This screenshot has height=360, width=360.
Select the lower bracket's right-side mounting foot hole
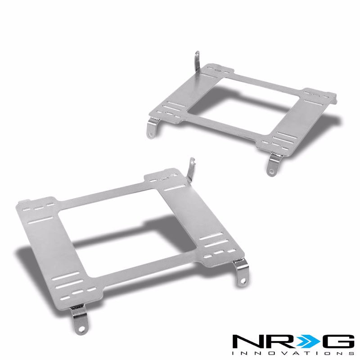[x=242, y=284]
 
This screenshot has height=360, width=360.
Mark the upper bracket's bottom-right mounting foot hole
[x=271, y=170]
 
